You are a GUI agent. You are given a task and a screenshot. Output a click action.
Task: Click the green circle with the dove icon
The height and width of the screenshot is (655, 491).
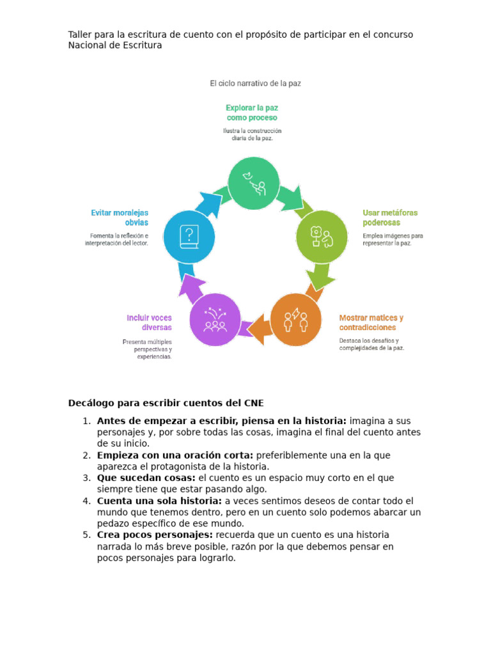(x=254, y=183)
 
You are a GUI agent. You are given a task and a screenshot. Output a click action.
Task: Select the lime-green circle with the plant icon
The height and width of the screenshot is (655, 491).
(x=321, y=236)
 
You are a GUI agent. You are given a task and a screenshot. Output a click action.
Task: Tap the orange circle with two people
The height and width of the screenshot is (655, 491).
(x=295, y=320)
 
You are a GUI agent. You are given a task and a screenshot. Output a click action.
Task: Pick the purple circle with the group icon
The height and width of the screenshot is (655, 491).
(x=215, y=320)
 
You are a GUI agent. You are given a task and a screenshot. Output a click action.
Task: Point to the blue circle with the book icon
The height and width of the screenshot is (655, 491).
(x=189, y=237)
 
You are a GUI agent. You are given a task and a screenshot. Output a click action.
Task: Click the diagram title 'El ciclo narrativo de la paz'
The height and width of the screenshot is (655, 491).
(x=255, y=83)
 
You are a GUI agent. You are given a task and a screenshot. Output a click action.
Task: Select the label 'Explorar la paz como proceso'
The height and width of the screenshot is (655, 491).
(x=252, y=113)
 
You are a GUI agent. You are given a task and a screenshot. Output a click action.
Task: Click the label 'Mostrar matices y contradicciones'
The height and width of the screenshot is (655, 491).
(x=371, y=322)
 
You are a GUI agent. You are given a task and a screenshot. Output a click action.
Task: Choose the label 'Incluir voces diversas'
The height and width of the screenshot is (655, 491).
(x=149, y=322)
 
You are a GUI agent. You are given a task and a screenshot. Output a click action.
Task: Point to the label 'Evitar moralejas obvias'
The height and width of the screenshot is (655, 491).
(x=120, y=217)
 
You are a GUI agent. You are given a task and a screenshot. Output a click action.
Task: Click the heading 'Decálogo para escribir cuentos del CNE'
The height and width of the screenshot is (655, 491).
(x=166, y=403)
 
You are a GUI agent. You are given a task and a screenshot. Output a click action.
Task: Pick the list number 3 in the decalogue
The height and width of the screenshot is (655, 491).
(x=86, y=478)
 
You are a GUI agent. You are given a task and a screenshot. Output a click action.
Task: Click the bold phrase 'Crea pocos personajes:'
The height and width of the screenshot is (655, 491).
(x=154, y=535)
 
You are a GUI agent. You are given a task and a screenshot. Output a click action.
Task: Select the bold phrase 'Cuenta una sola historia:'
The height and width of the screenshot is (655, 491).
(x=159, y=501)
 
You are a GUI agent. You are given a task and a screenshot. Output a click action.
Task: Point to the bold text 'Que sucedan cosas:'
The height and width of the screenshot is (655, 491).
(x=146, y=478)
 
